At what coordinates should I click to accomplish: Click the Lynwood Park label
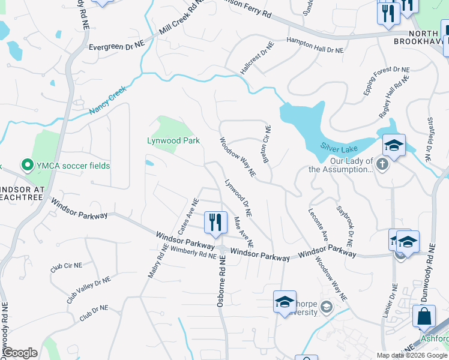tap(173, 141)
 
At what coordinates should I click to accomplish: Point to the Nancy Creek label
tap(108, 100)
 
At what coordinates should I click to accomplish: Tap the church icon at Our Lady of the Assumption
tap(383, 164)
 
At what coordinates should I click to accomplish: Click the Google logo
tap(20, 353)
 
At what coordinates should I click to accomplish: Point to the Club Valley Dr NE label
tap(89, 289)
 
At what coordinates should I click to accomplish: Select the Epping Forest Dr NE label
tap(388, 83)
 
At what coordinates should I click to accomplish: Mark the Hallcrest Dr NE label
tap(257, 58)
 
